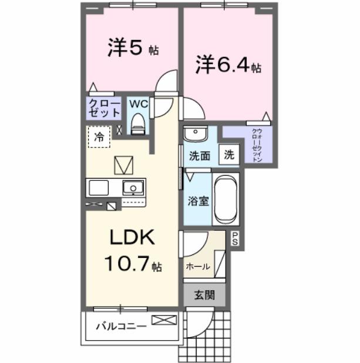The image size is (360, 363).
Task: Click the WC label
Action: tap(138, 104)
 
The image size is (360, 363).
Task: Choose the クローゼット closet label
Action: tap(104, 109)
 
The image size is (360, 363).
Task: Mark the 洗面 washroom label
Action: tap(199, 156)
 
